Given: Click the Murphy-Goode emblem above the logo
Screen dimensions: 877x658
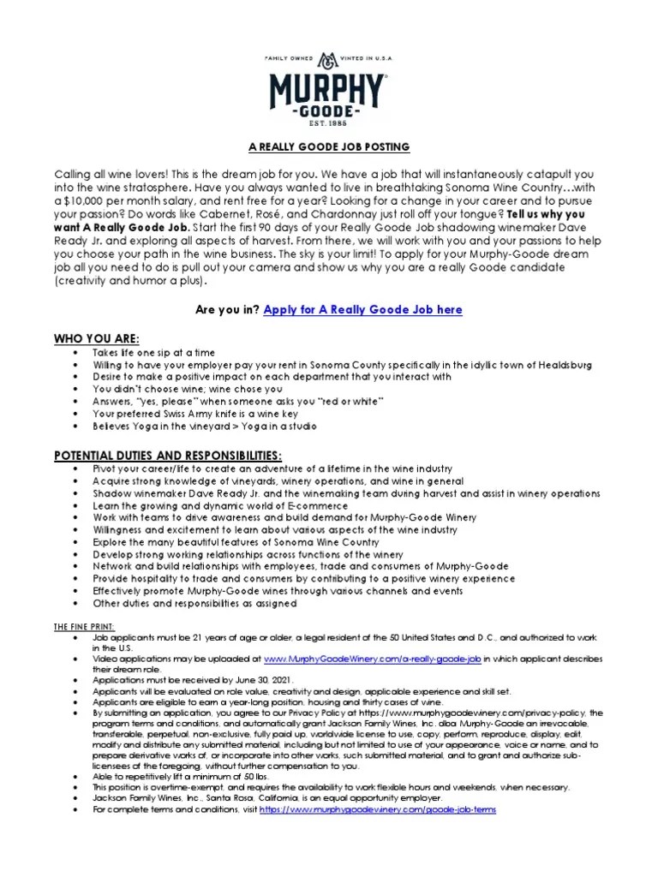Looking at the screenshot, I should pos(328,60).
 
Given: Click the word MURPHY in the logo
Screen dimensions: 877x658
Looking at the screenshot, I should pos(328,88).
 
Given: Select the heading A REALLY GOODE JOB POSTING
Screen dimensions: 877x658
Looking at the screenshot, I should pos(328,147).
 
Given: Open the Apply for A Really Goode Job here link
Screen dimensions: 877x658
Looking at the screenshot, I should pos(363,309).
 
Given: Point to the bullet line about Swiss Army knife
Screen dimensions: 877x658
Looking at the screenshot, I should pos(210,413).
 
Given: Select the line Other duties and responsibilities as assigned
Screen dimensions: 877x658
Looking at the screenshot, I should pos(195,603).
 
